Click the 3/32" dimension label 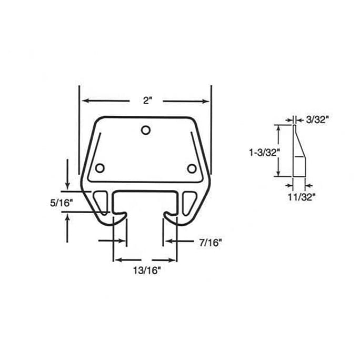(x=317, y=120)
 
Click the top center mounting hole (x=146, y=130)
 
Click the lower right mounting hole (x=192, y=168)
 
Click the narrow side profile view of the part (x=298, y=153)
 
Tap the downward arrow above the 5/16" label (x=67, y=178)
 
